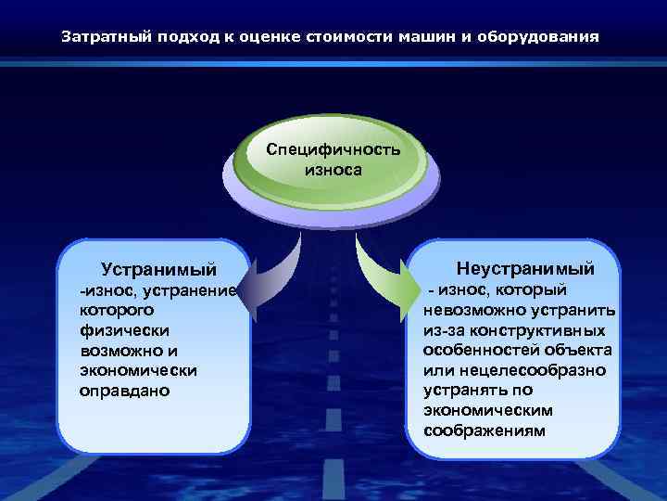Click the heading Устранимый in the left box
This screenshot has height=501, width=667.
[x=158, y=270]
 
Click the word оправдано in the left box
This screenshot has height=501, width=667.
[x=125, y=391]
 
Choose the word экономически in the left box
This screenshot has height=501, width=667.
[x=139, y=370]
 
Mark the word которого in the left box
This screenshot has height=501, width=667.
[x=117, y=310]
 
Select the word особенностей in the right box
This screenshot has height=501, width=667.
[x=478, y=351]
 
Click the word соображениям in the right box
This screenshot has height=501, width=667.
[x=485, y=430]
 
